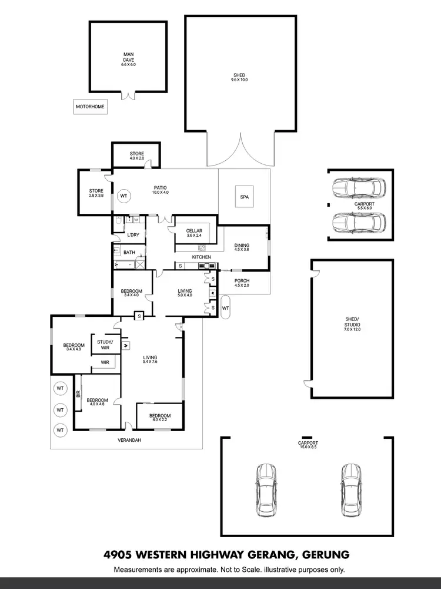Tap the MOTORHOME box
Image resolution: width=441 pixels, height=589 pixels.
(x=89, y=107)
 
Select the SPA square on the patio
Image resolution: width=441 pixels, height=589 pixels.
(x=244, y=197)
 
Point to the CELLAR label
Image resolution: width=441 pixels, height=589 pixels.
(x=194, y=231)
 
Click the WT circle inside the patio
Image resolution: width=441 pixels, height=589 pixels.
(x=123, y=196)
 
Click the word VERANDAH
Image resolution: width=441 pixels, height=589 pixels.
(x=129, y=440)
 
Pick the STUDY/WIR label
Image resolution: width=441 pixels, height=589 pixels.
(x=105, y=345)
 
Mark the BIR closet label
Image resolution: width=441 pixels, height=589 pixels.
(x=78, y=393)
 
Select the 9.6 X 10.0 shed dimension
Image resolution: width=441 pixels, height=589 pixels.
(x=239, y=80)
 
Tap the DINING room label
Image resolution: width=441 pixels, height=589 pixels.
(x=242, y=246)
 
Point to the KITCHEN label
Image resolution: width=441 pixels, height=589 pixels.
(x=202, y=257)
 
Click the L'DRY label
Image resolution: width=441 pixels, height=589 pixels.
(x=133, y=235)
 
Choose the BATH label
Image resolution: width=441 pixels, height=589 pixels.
(x=129, y=252)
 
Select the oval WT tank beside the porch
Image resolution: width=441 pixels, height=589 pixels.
(x=226, y=307)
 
